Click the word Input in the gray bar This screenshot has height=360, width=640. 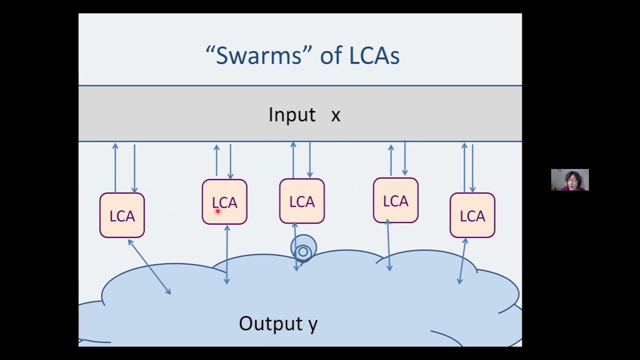pos(292,114)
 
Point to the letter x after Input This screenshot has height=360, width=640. pos(335,115)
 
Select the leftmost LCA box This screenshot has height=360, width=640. pos(122,215)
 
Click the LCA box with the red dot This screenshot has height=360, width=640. pos(224,201)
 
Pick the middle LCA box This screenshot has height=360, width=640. pos(301,201)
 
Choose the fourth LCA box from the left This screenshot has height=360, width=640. pos(395,200)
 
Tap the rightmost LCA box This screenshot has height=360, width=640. pos(472,215)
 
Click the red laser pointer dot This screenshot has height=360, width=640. pos(218,211)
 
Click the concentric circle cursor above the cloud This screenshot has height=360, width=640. pos(303,249)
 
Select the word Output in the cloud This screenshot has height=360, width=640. pos(263,323)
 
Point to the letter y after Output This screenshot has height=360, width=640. pos(312,324)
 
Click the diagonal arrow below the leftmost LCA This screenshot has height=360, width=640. pos(149,267)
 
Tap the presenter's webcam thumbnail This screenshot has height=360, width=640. pos(569,180)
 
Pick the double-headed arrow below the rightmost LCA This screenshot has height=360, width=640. pos(462,261)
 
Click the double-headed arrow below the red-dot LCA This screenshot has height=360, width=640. pos(227,254)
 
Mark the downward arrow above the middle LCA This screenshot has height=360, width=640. pos(309,160)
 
